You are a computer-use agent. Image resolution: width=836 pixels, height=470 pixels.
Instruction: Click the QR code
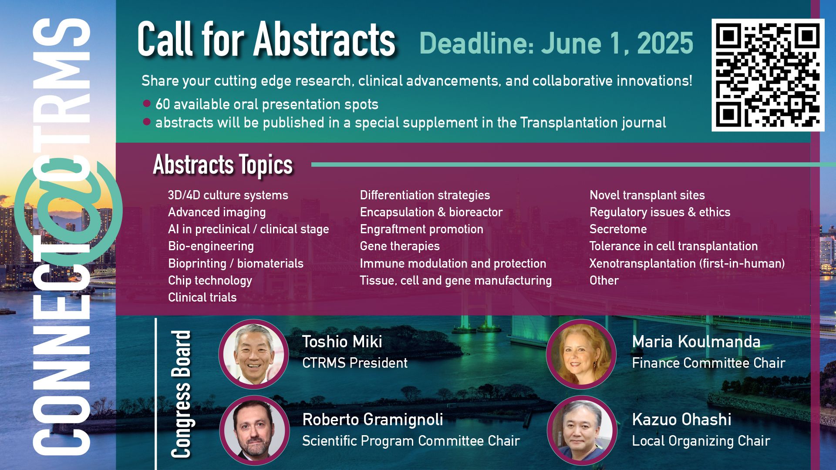[x=768, y=75]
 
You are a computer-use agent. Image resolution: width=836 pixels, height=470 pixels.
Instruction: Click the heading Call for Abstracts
[x=266, y=40]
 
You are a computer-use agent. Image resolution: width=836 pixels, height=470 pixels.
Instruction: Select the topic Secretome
[x=618, y=229]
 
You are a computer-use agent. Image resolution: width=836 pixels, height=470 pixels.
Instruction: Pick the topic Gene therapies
[x=400, y=246]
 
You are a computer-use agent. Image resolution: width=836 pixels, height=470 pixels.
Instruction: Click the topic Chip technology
[x=210, y=281]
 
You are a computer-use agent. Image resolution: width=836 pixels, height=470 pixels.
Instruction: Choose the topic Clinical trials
[x=202, y=297]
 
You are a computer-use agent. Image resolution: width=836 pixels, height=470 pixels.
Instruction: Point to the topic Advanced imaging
[x=217, y=212]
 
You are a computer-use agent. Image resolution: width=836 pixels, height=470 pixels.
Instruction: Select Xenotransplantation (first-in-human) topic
[x=687, y=263]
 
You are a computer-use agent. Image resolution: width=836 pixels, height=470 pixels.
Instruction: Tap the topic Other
[x=604, y=280]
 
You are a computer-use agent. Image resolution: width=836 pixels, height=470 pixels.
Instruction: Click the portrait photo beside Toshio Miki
[x=253, y=354]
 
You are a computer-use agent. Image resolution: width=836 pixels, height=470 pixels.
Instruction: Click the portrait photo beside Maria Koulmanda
[x=581, y=354]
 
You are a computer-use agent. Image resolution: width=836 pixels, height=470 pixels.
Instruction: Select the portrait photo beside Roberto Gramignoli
[x=254, y=430]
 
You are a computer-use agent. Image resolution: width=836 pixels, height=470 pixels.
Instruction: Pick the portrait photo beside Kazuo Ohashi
[x=582, y=430]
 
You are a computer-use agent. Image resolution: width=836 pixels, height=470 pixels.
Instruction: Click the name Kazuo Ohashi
[x=681, y=420]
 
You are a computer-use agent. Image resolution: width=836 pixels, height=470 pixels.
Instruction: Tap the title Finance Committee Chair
[x=708, y=363]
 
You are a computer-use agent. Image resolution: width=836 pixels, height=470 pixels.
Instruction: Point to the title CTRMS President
[x=355, y=363]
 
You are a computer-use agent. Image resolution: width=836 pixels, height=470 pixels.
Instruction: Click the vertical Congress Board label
[x=181, y=394]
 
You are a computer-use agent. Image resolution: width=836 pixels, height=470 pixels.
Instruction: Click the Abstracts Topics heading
[x=223, y=164]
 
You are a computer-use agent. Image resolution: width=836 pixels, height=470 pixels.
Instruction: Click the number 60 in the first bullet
[x=162, y=104]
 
